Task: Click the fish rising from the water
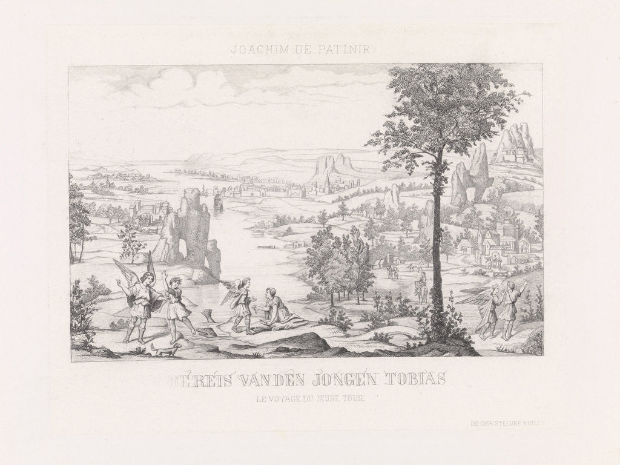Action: (x=210, y=315)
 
